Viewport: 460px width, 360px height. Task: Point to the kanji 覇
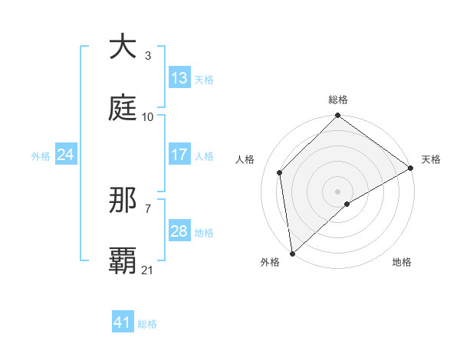click(123, 261)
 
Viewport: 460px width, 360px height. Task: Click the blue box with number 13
click(179, 78)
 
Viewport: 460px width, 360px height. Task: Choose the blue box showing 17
click(179, 155)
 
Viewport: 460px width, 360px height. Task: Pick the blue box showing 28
click(179, 231)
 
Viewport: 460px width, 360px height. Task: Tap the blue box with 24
click(66, 155)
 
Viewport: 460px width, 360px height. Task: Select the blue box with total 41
click(123, 322)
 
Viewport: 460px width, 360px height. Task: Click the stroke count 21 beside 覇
click(148, 270)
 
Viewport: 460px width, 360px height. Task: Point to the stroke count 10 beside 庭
click(148, 116)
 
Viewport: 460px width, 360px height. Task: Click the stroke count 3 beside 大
click(148, 55)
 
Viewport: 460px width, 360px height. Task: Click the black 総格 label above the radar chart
click(338, 100)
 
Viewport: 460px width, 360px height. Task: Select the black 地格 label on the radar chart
click(402, 262)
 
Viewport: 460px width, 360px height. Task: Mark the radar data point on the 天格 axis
click(411, 169)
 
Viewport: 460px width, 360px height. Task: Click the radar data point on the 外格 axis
click(292, 254)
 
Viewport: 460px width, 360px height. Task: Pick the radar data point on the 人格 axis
click(280, 172)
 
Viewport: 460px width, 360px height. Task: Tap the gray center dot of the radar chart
click(338, 191)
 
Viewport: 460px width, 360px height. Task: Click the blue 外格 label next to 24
click(41, 155)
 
